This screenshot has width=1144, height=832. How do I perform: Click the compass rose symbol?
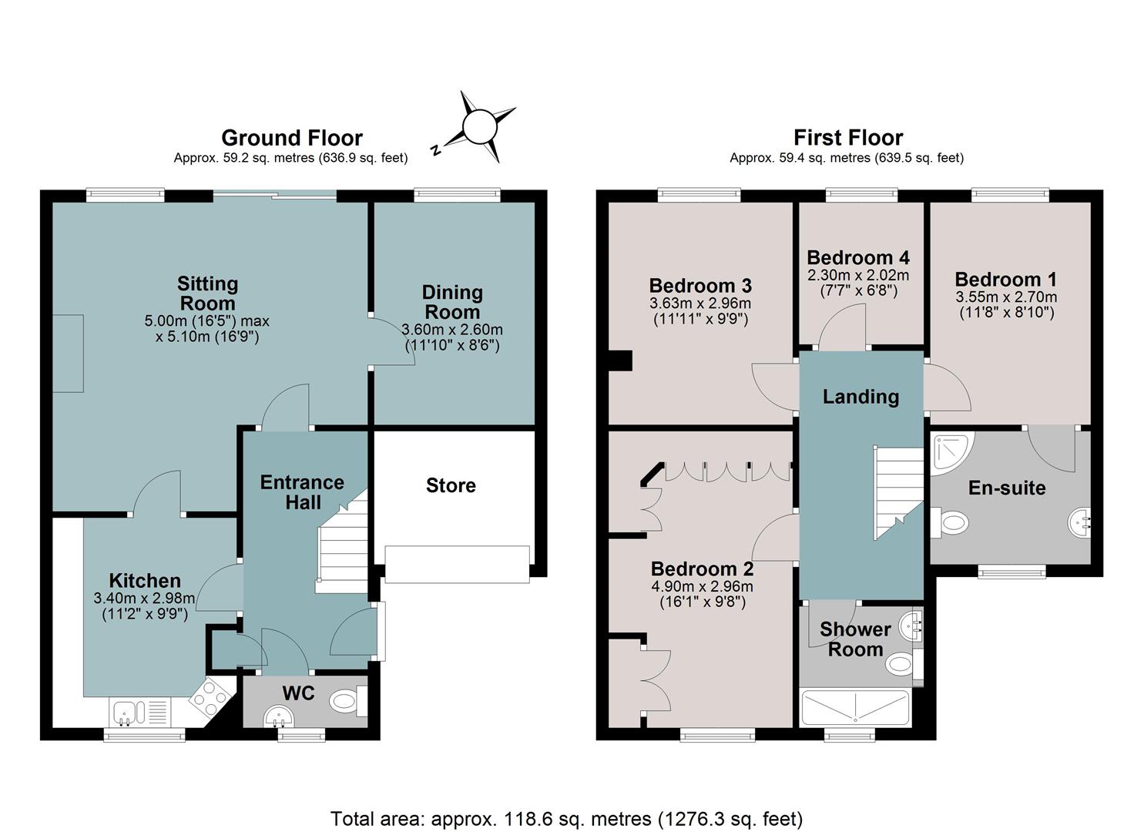pos(480,126)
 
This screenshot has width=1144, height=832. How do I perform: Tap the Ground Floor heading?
pos(292,138)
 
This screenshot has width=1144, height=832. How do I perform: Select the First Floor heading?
pos(847,138)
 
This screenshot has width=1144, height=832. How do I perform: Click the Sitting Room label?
pos(207,294)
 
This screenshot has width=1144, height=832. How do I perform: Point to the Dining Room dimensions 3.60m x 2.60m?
pos(452,330)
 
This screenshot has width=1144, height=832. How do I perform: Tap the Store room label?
pos(451,485)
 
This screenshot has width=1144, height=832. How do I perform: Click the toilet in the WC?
pos(347,701)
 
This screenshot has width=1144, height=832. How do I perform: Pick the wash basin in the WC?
pos(279,716)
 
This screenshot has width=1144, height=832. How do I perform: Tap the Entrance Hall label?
pos(302,492)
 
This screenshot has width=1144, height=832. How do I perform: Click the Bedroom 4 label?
pos(858,257)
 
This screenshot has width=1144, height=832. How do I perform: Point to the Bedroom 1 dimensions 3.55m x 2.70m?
pos(1006,297)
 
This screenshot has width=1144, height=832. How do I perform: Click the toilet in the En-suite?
pos(950,522)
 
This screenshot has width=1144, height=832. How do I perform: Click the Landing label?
pos(861,397)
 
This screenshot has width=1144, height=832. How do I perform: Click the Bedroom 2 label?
pos(703,569)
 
